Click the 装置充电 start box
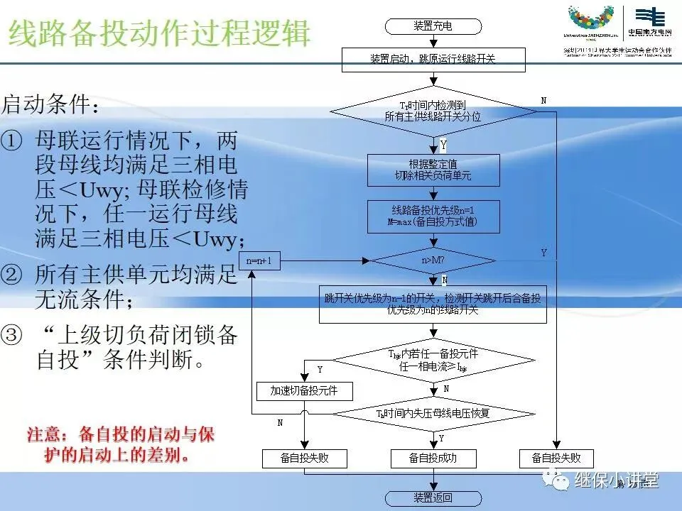(x=433, y=26)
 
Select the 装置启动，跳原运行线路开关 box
(x=433, y=60)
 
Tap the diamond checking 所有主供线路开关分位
(x=433, y=111)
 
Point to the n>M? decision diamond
(x=433, y=260)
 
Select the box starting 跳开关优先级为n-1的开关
(x=433, y=304)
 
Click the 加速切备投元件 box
(x=304, y=390)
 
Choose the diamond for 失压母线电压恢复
(x=433, y=412)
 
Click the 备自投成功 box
(x=433, y=458)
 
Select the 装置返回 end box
(x=433, y=498)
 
